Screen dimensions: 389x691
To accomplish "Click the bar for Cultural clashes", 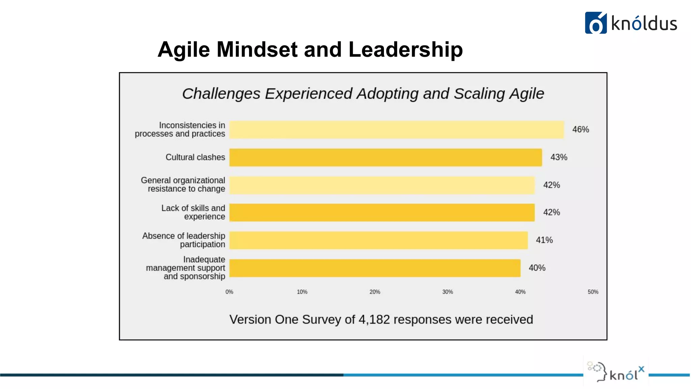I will click(385, 157).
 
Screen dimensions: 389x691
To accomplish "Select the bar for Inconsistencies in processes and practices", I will click(396, 130).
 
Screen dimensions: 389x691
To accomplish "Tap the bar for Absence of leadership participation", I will click(378, 240).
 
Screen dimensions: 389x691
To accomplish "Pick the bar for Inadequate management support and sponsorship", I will click(375, 268).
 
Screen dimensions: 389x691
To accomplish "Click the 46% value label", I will click(580, 130).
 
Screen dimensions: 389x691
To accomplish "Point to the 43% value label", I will click(559, 157).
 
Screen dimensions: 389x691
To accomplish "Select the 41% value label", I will click(544, 240).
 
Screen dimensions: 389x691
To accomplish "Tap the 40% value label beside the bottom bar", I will click(537, 268).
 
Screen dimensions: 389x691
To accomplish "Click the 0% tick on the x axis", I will click(229, 292).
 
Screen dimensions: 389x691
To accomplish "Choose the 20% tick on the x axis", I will click(375, 292).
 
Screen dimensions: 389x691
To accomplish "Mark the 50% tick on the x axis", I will click(593, 292).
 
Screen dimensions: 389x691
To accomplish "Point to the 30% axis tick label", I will click(447, 292).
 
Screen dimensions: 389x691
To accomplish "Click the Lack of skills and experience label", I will click(193, 212).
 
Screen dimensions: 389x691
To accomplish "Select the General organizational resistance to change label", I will click(183, 185).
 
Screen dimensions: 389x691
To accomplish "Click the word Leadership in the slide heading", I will click(405, 50).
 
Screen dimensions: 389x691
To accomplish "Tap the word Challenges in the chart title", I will click(221, 94).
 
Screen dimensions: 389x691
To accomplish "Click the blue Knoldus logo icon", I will click(596, 23).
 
